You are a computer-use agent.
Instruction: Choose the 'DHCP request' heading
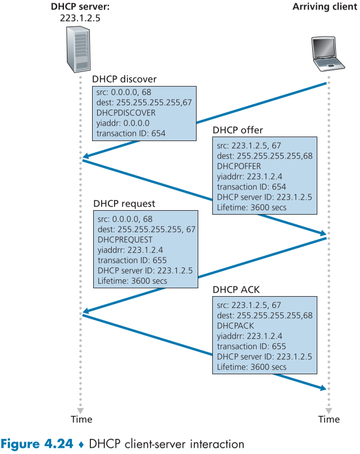click(x=124, y=203)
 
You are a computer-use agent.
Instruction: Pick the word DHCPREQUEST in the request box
click(x=125, y=239)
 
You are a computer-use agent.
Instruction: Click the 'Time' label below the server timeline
click(x=81, y=419)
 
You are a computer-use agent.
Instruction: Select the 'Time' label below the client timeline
click(x=329, y=419)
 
